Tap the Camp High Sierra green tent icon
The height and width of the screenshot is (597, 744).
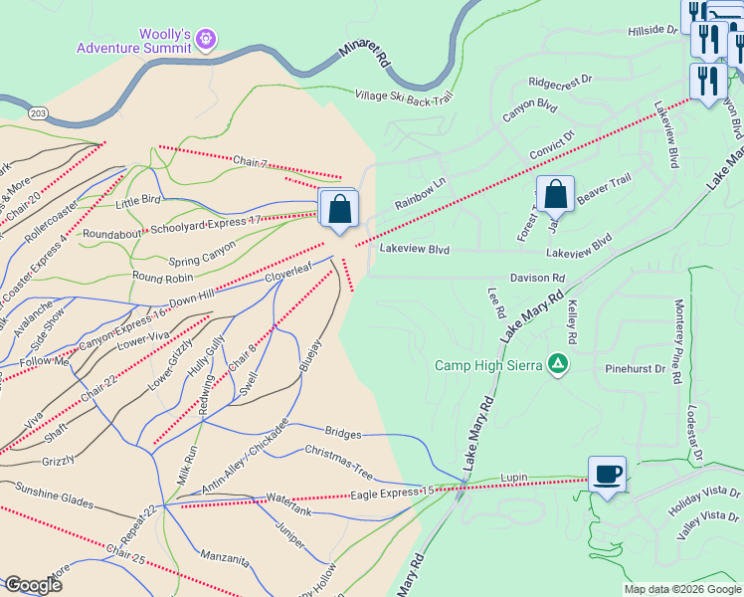coord(559,364)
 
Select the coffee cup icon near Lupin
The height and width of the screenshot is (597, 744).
coord(607,474)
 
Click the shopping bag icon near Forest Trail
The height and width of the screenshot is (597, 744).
coord(556,193)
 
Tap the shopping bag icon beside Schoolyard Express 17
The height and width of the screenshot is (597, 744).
coord(339,209)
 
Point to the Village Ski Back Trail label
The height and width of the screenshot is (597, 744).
coord(404,97)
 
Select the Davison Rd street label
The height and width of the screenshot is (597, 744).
coord(537,279)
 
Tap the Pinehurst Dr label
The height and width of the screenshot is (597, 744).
coord(635,368)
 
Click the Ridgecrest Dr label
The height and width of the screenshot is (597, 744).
coord(560,82)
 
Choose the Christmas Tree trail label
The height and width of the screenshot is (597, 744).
coord(338,454)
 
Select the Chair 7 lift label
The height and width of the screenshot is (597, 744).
coord(251,160)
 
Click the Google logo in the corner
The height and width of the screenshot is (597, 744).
coord(33,585)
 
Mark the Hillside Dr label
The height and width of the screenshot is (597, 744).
coord(651,31)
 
